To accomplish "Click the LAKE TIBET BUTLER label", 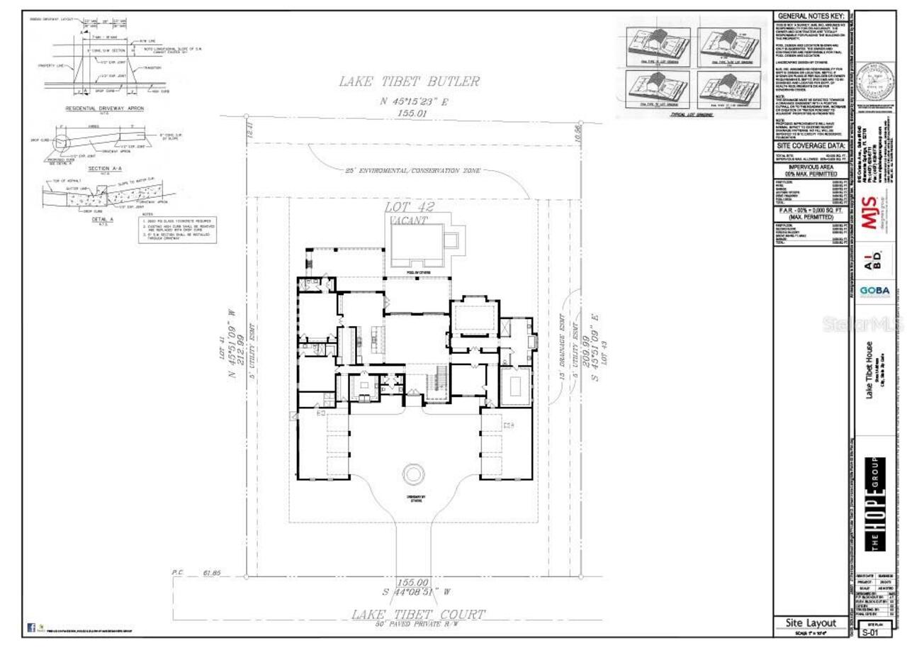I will [x=409, y=82].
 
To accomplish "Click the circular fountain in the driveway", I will [x=414, y=474].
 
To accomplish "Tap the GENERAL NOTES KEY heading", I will [x=811, y=16].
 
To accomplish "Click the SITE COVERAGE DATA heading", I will [x=811, y=145].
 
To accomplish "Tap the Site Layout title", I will [x=811, y=622].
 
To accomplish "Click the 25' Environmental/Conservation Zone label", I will [x=412, y=171].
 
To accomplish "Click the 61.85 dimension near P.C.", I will [x=212, y=571].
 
